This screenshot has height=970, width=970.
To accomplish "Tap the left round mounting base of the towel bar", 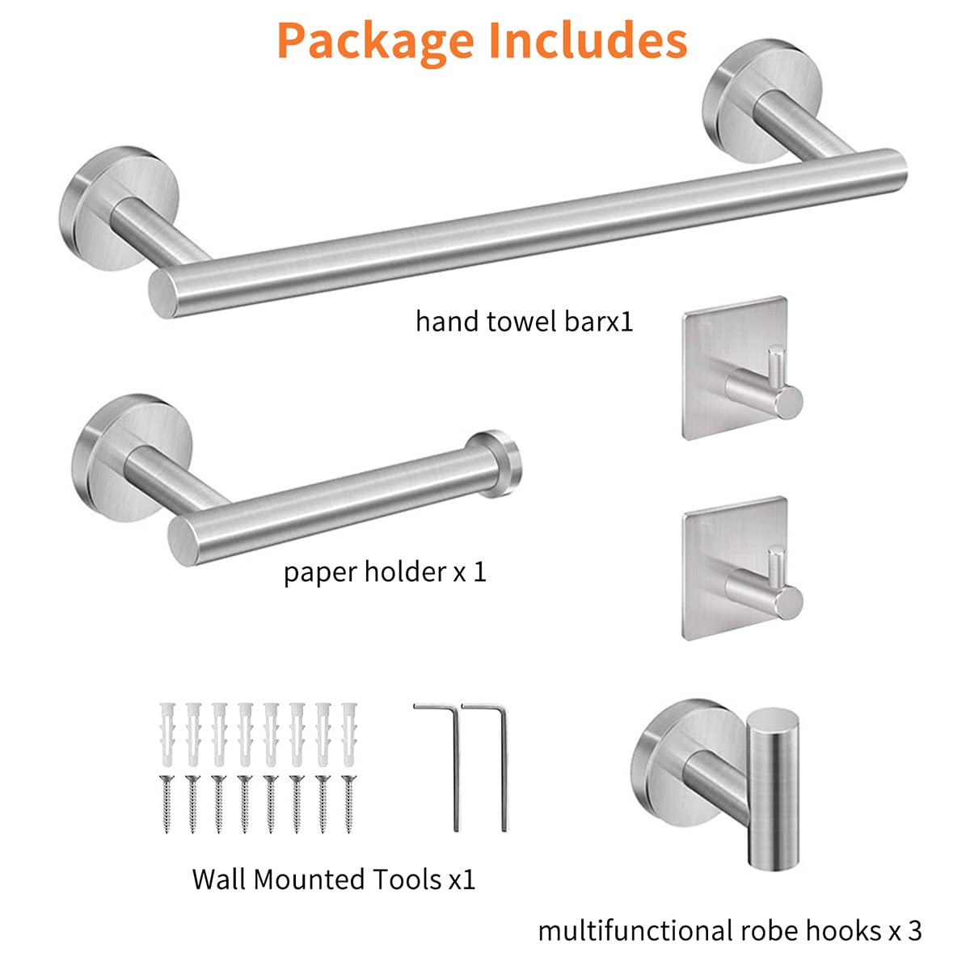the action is pos(119,209).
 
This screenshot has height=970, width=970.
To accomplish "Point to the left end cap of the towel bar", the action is pos(163,293).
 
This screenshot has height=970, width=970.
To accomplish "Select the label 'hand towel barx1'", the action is pos(524,321).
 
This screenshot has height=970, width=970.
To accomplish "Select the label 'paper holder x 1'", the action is pos(385,572).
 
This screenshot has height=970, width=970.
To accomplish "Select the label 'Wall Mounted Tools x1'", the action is pos(334,879).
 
